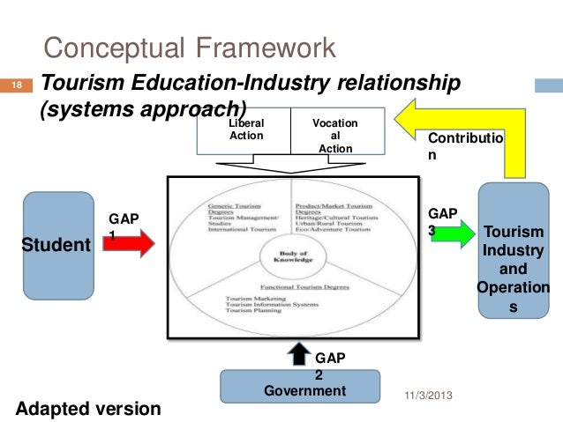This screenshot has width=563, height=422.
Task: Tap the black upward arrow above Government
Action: click(299, 355)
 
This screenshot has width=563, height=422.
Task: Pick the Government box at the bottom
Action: click(299, 387)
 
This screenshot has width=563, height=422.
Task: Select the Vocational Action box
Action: click(335, 134)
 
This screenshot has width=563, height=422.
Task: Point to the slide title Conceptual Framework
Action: click(190, 46)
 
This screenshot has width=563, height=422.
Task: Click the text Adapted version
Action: click(89, 408)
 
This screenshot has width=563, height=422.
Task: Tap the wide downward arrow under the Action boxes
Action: click(291, 165)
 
